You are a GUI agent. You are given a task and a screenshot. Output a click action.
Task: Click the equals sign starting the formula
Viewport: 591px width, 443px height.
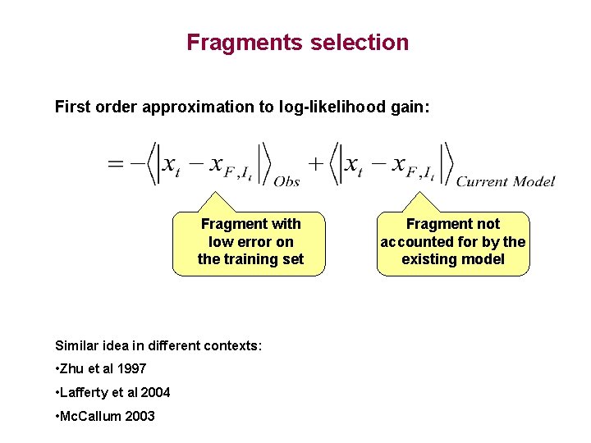click(x=117, y=164)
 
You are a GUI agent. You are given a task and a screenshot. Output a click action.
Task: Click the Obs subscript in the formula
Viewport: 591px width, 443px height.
click(x=286, y=181)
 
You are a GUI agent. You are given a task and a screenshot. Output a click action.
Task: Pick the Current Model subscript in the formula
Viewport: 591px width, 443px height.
click(x=505, y=181)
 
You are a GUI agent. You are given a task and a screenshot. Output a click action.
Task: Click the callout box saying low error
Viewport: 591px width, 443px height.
click(x=250, y=242)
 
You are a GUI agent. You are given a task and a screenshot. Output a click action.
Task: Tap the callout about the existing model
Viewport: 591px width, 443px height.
click(x=453, y=242)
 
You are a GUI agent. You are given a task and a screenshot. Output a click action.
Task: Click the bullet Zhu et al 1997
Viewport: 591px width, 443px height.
click(x=100, y=369)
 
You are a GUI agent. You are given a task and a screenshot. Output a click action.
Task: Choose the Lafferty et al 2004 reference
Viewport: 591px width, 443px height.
click(x=112, y=392)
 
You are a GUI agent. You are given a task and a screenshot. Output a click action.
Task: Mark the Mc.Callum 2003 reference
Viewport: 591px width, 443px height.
click(x=104, y=416)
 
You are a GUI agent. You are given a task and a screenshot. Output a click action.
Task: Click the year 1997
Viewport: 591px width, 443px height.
click(x=131, y=369)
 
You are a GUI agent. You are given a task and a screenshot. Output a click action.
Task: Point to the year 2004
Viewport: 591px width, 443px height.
click(x=155, y=392)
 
